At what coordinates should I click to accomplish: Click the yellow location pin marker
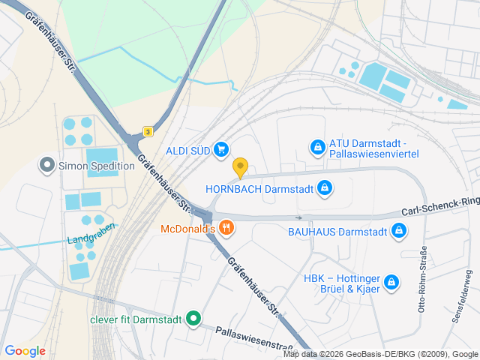tap(240, 167)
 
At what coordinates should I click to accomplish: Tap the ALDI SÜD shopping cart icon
tap(220, 150)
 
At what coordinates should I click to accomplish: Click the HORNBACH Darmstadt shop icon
tap(324, 188)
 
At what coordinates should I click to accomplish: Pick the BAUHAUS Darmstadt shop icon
tap(400, 232)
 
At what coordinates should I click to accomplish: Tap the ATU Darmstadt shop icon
tap(318, 148)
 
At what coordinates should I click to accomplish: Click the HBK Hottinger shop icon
tap(390, 282)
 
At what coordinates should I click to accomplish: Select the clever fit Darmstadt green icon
tap(193, 319)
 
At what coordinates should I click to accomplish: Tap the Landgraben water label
tap(91, 234)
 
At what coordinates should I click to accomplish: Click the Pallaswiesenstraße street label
tap(253, 340)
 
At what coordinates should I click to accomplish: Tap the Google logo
tap(25, 351)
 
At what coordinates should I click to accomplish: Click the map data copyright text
tap(381, 355)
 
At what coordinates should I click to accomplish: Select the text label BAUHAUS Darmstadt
tap(337, 232)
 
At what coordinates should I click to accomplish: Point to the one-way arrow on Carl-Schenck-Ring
tap(298, 217)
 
